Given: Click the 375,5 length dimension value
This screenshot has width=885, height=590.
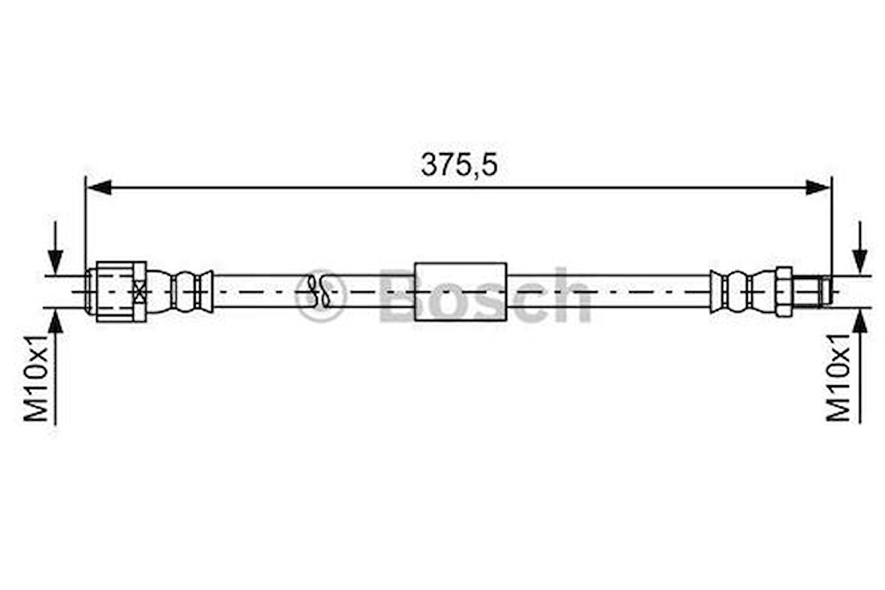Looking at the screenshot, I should [x=458, y=165].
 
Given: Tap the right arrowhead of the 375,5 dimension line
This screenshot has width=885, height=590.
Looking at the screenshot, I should [x=818, y=188].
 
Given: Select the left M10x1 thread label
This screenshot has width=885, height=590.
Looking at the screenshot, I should [x=37, y=379].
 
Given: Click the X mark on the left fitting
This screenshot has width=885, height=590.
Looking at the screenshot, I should [x=139, y=291].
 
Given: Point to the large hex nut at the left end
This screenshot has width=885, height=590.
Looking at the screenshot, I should [x=112, y=291].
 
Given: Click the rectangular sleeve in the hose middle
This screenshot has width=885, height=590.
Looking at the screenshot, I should [x=460, y=291].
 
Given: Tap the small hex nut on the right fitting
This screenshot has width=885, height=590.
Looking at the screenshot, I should [x=783, y=291].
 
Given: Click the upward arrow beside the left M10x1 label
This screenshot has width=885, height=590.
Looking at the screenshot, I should [x=55, y=330].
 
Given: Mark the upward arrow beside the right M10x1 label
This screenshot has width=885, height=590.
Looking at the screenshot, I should [x=860, y=330].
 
